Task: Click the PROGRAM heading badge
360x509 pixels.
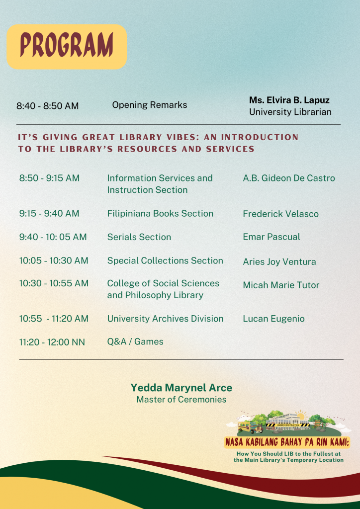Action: (x=67, y=46)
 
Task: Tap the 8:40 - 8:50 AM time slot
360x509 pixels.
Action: (x=47, y=106)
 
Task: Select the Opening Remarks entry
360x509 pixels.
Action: (x=150, y=105)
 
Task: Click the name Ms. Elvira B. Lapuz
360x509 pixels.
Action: (x=289, y=100)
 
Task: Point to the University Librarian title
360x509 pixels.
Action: (x=290, y=112)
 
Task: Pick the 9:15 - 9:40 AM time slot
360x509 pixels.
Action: (x=49, y=214)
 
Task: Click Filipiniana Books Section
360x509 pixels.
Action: (x=160, y=214)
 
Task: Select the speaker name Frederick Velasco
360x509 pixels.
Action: (x=280, y=214)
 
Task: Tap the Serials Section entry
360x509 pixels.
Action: (x=139, y=237)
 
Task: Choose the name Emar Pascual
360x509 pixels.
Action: (x=271, y=237)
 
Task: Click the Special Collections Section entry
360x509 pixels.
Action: (x=165, y=260)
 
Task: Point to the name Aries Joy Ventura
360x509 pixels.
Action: (x=279, y=262)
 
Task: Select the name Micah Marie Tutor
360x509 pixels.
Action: (x=281, y=285)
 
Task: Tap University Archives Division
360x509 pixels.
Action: (x=165, y=319)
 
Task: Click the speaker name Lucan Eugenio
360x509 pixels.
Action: (x=273, y=319)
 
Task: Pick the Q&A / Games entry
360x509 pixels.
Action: (x=135, y=341)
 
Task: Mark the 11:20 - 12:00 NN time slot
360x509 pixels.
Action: (x=52, y=342)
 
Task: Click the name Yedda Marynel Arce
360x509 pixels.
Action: (x=181, y=388)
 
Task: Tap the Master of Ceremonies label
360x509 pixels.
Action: (x=181, y=400)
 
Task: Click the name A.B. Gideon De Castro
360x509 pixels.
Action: (x=289, y=178)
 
